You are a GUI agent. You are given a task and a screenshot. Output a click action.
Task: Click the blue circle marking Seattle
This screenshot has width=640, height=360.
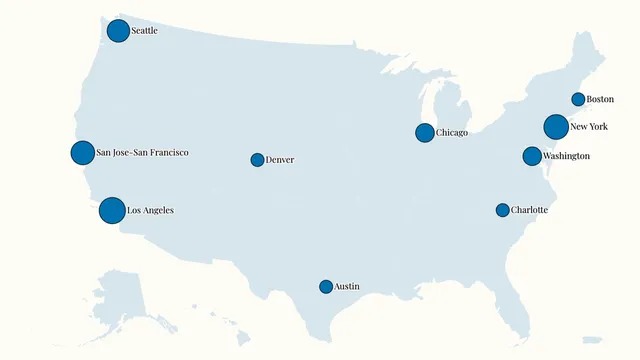(118, 31)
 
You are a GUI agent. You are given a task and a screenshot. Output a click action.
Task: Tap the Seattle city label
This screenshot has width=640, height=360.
(145, 31)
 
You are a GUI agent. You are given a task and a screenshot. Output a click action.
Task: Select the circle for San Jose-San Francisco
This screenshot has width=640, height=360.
(83, 153)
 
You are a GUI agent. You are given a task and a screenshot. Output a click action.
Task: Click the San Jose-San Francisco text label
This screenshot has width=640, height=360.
(142, 153)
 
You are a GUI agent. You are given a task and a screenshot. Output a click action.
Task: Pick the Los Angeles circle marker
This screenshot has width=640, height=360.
(112, 211)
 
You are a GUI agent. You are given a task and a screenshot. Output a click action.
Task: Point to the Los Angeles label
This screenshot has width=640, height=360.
(150, 211)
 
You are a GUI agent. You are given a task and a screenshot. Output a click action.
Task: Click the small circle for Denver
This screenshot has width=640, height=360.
(257, 160)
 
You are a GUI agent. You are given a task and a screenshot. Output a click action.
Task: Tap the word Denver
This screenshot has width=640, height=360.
(280, 160)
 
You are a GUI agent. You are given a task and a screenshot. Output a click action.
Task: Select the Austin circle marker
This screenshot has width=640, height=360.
(326, 287)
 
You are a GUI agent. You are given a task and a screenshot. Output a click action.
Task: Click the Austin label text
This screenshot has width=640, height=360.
(347, 287)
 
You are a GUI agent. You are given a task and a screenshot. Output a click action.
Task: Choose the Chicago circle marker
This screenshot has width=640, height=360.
(425, 133)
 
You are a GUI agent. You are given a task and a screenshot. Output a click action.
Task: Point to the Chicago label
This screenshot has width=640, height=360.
(452, 133)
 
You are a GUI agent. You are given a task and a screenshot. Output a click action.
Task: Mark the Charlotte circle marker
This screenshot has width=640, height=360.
(503, 210)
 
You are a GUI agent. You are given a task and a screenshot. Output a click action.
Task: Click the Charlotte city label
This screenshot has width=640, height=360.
(529, 210)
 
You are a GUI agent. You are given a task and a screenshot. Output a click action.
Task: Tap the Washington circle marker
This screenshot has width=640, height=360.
(532, 156)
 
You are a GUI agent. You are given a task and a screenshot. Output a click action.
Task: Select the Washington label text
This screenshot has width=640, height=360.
(566, 156)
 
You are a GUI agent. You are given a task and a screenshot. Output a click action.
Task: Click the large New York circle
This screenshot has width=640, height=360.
(556, 127)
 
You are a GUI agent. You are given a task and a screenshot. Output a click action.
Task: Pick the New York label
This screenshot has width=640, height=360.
(589, 127)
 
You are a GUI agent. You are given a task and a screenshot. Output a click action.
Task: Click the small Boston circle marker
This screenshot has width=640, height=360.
(578, 99)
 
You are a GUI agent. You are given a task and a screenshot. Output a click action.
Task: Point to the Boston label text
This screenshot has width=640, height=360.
(600, 99)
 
